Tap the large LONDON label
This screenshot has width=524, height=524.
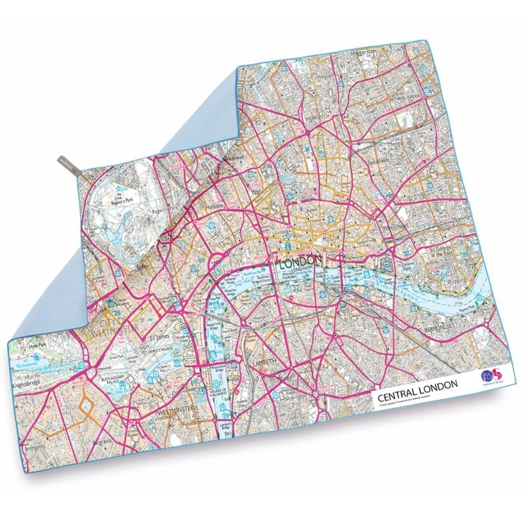[299, 261]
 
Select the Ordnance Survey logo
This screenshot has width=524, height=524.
[487, 377]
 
